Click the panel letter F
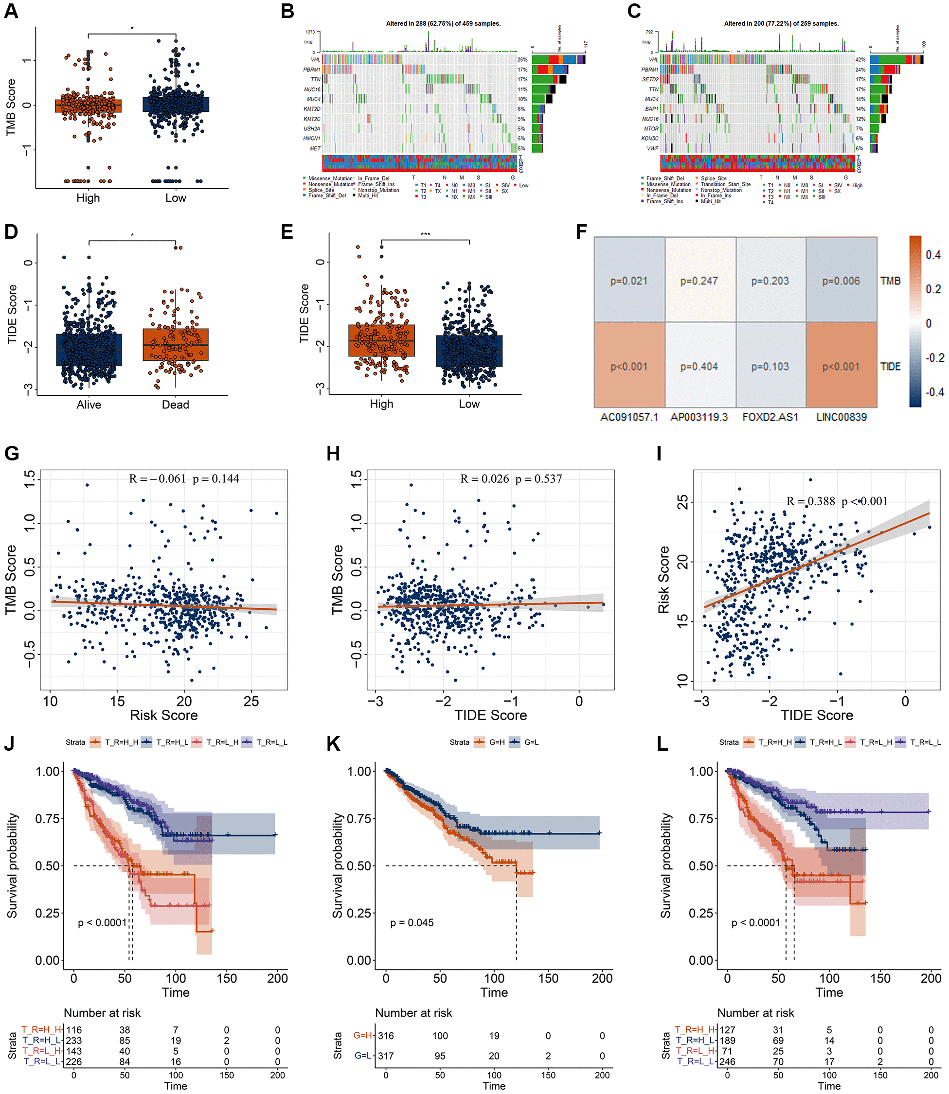coord(581,232)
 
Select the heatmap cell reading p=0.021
coord(628,281)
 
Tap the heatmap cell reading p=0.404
coord(699,366)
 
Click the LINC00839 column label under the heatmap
coord(841,417)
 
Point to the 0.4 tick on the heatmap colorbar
coord(932,255)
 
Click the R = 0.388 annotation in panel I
coord(810,501)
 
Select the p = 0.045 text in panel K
coord(412,922)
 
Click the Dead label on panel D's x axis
coord(175,405)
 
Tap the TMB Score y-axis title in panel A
coord(11,107)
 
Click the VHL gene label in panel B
coord(315,60)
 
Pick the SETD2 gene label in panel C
coord(650,79)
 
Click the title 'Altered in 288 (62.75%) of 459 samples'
coord(443,24)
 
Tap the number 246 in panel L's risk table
coord(727,1061)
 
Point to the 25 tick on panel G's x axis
coord(251,701)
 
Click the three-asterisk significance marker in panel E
coord(425,234)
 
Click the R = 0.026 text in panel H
coord(484,479)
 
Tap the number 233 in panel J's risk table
coord(73,1040)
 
